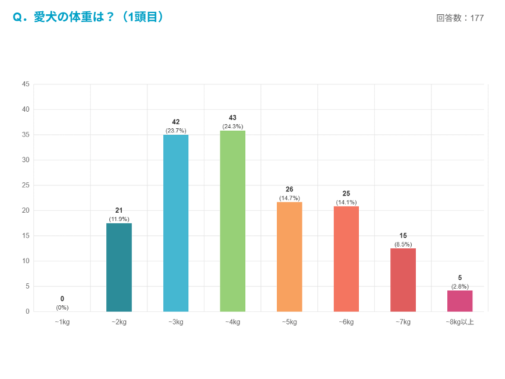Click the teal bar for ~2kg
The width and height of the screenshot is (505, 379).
click(119, 267)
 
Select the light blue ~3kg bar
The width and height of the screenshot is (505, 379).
click(176, 223)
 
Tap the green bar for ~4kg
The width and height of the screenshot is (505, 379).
click(232, 221)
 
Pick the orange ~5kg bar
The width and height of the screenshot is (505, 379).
click(289, 257)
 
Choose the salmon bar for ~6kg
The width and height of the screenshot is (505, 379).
click(346, 259)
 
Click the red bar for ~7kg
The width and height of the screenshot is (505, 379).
click(403, 280)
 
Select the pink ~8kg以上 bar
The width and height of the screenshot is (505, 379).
click(460, 301)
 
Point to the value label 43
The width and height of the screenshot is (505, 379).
click(232, 118)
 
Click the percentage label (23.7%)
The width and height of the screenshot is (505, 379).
click(176, 131)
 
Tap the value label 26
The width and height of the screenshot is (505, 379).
click(289, 190)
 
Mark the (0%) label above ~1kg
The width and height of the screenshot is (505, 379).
click(62, 307)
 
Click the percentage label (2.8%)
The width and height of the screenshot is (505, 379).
click(460, 286)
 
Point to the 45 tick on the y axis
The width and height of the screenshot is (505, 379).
click(26, 84)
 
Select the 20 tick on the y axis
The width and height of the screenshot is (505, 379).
click(26, 210)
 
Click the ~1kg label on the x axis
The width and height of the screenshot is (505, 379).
click(62, 322)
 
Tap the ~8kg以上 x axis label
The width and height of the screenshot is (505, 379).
click(460, 322)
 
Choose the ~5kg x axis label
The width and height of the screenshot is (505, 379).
click(289, 322)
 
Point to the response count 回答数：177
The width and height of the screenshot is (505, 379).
click(460, 18)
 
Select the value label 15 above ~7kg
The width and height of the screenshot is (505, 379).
click(403, 236)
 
